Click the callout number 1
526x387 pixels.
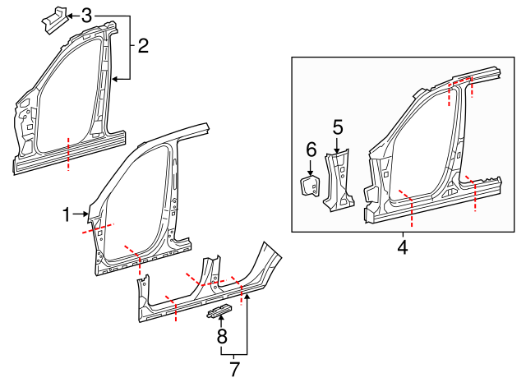pos(67,215)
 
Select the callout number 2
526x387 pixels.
pos(143,46)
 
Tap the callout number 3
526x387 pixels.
pos(87,15)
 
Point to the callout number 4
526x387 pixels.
pos(403,246)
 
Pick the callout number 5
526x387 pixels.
pos(337,127)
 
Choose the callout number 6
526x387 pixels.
pos(311,149)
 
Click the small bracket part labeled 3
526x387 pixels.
pos(52,19)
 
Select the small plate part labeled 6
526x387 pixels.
pos(311,185)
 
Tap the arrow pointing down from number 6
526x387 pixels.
pos(311,167)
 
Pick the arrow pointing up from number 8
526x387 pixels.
pos(221,320)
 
